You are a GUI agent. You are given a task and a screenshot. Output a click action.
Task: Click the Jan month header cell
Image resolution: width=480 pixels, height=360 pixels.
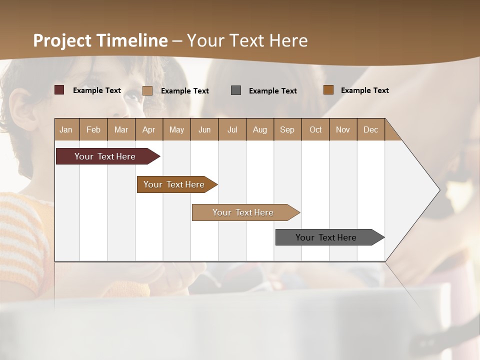[66, 129]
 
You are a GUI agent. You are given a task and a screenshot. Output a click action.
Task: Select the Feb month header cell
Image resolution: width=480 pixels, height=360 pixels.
[93, 129]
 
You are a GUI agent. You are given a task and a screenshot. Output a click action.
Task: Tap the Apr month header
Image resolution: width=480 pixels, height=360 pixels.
[149, 129]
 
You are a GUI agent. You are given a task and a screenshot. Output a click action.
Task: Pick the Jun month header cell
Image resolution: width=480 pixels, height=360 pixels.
[204, 129]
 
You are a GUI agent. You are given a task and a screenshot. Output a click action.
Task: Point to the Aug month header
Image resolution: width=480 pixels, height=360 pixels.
[260, 129]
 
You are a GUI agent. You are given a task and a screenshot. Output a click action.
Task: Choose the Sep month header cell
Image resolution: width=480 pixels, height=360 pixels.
[287, 129]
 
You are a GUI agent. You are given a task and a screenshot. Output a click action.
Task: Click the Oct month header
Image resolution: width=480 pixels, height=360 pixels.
[315, 129]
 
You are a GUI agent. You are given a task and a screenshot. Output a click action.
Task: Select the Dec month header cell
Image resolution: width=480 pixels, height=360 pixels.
[371, 129]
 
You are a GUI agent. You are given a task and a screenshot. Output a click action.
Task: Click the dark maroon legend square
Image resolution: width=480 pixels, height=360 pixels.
[59, 90]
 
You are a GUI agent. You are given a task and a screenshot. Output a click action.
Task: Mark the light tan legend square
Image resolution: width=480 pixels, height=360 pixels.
[147, 90]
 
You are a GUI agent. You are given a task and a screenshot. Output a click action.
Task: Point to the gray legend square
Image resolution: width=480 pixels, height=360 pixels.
[236, 90]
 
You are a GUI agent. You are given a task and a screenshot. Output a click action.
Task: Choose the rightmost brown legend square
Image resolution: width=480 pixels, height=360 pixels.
[328, 90]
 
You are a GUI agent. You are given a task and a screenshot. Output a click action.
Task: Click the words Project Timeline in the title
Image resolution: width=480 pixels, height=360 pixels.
[100, 40]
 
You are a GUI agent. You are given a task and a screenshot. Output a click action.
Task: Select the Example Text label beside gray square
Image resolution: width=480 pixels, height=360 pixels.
[273, 91]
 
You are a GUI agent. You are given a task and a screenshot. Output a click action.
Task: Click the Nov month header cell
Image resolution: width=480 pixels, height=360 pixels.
[343, 129]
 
